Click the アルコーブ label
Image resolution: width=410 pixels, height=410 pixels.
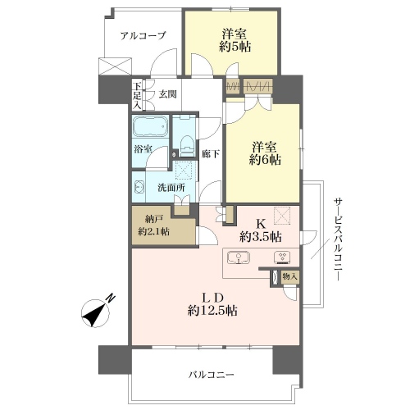(x=143, y=35)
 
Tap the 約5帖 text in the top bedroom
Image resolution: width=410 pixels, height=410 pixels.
(x=235, y=47)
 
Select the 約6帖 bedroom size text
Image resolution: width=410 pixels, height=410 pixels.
(x=265, y=160)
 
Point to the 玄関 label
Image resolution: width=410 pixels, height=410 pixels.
(x=168, y=94)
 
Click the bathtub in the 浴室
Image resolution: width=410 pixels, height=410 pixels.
(x=150, y=126)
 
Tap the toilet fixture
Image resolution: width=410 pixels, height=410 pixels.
(x=187, y=147)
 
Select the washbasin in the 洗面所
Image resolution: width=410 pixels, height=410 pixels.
(x=139, y=188)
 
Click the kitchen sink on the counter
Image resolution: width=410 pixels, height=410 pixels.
(x=239, y=257)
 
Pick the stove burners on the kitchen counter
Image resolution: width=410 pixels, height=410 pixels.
(x=282, y=257)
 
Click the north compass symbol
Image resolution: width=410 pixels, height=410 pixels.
(x=98, y=312)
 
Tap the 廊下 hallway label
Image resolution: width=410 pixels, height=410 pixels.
(x=211, y=154)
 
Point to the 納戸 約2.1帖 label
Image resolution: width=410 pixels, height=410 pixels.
(x=153, y=225)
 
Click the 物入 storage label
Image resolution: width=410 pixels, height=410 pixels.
(x=289, y=276)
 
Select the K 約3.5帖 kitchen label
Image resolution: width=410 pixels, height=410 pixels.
(x=261, y=231)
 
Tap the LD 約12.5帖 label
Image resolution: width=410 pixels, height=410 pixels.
(x=212, y=304)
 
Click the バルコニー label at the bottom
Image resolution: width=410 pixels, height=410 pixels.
(x=211, y=374)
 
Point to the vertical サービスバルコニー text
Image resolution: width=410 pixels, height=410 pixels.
(x=338, y=239)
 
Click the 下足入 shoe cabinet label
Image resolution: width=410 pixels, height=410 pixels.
(x=137, y=96)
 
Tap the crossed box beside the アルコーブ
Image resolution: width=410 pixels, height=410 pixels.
(x=115, y=66)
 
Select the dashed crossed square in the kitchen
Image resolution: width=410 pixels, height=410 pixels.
(x=282, y=216)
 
